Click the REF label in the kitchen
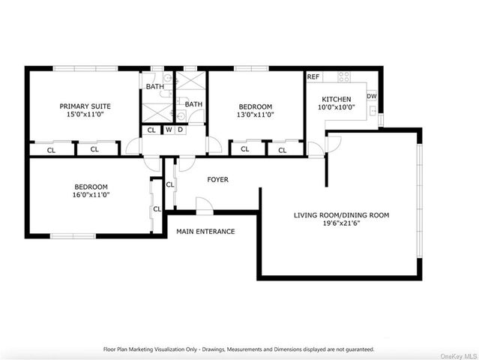pos(313,76)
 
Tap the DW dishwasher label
pos(372,96)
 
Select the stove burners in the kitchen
pos(344,76)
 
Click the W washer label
pos(169,130)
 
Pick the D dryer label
pos(180,130)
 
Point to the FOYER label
pos(218,179)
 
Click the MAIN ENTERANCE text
pos(205,231)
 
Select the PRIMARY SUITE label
pos(85,106)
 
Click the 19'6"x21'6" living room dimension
pos(342,223)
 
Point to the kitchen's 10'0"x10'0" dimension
pos(337,107)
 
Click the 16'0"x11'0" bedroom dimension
pos(91,195)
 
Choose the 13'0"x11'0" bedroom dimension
pos(256,115)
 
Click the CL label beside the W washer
pos(151,130)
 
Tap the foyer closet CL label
pos(170,184)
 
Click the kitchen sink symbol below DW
pos(373,111)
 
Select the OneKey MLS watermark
pos(458,356)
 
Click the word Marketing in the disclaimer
pos(140,349)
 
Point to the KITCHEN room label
pos(337,99)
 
